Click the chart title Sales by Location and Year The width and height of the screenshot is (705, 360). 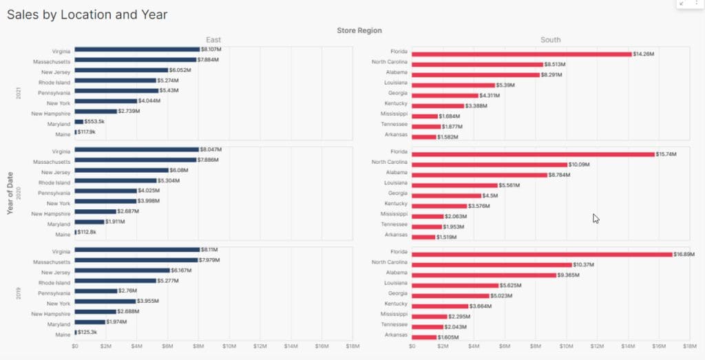(87, 14)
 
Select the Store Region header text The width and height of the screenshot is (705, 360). (359, 30)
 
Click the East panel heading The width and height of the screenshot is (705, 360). (213, 40)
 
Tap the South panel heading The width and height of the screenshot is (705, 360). (550, 40)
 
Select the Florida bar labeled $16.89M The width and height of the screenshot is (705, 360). (542, 255)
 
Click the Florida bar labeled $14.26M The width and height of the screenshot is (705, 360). (521, 54)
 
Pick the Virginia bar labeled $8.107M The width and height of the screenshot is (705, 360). (137, 50)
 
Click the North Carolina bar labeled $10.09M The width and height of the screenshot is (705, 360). (490, 165)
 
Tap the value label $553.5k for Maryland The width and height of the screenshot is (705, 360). (95, 121)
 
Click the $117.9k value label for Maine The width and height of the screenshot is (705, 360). (87, 131)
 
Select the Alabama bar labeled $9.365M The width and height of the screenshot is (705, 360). (484, 275)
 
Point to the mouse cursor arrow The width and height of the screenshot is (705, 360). (596, 218)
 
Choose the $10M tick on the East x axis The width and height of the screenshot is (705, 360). (229, 346)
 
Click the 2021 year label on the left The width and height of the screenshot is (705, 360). (18, 92)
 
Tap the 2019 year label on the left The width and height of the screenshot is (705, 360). (18, 294)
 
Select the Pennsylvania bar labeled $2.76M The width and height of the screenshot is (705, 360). (96, 291)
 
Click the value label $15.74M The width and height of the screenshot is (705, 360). (666, 154)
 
